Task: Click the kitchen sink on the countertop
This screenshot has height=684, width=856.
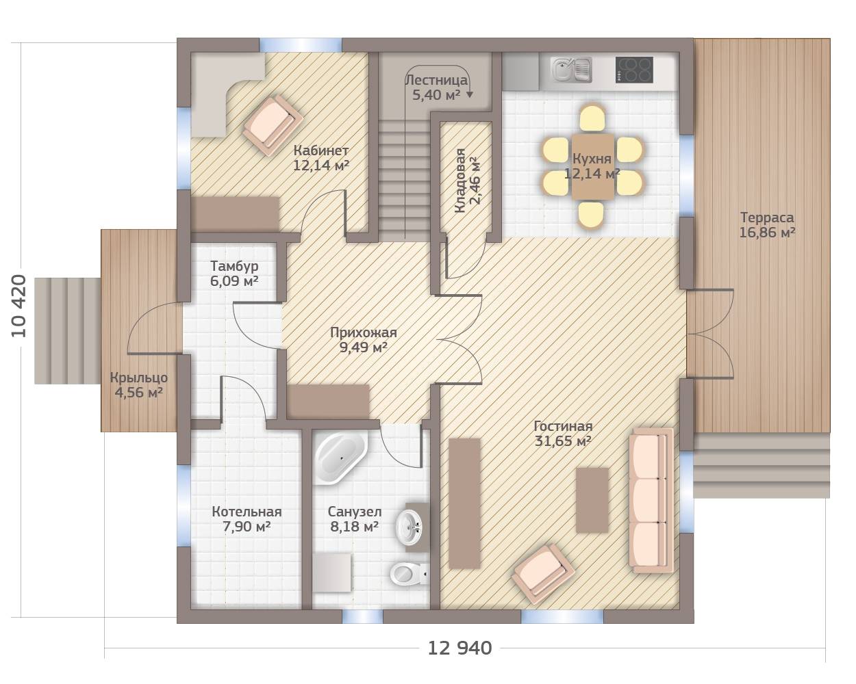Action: coord(571,70)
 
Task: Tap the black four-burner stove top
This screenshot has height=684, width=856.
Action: coord(634,70)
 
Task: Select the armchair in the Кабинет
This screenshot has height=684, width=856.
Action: coord(273,125)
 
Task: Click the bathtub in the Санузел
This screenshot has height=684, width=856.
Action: coord(341,458)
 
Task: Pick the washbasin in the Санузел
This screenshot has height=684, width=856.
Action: coord(410,527)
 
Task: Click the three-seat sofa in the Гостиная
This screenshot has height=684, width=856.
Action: coord(651,501)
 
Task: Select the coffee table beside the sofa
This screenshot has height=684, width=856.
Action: coord(592,500)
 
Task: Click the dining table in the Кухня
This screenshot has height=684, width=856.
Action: coord(592,166)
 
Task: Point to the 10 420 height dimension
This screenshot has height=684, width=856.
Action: coord(18,306)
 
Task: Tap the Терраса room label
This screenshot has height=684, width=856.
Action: coord(767,218)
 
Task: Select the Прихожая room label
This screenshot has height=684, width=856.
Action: coord(364,332)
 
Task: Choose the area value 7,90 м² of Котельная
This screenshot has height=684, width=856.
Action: coord(247,527)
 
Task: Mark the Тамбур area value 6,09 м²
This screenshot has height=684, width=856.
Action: coord(234,281)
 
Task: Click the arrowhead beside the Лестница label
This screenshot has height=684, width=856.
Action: coord(470,94)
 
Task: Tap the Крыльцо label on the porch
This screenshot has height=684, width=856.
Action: coord(139,378)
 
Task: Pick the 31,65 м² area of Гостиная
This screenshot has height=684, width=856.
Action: coord(563,441)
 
